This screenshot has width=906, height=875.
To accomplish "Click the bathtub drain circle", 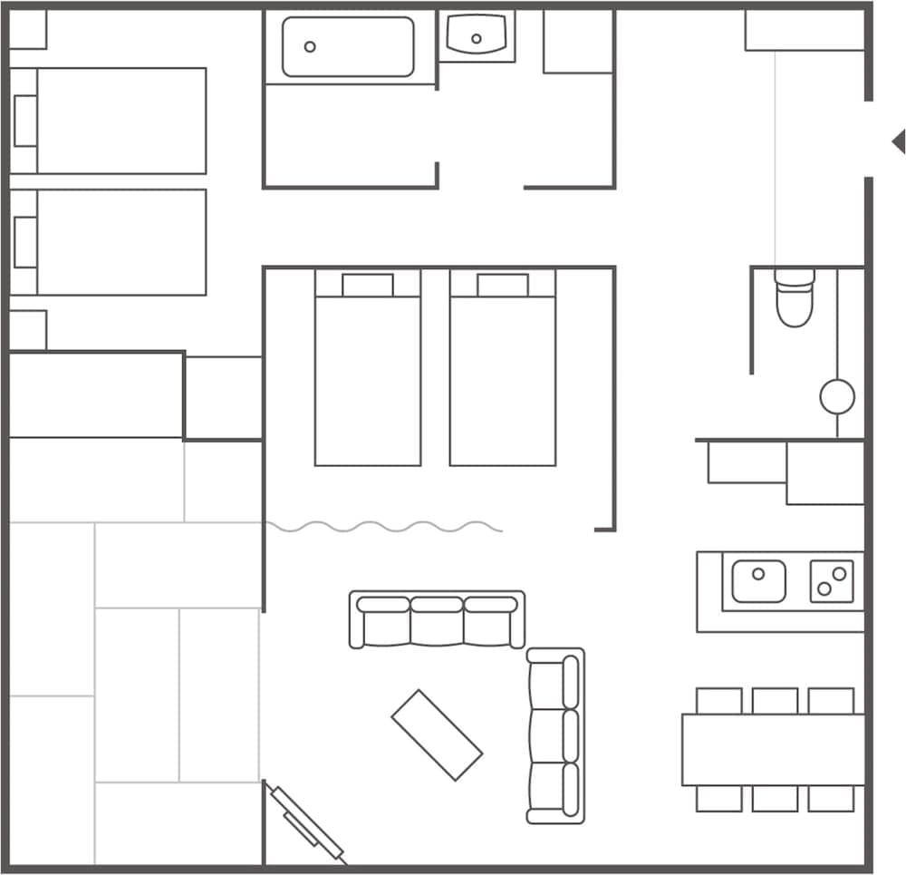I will coord(310,46).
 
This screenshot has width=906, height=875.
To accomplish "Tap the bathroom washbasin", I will coord(477,35).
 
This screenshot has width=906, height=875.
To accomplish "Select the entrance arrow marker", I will coord(898,141).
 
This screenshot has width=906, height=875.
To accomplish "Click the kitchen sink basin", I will coord(758,581).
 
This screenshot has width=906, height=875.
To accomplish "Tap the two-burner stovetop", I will coord(832,581).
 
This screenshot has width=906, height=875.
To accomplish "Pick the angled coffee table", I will coord(437,734).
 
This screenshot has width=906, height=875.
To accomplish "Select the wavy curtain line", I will coord(384,527).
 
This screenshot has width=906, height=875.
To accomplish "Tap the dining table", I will coord(773,750).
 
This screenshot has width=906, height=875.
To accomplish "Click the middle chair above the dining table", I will coord(775,701).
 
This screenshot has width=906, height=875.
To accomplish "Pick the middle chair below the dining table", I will coord(775,799).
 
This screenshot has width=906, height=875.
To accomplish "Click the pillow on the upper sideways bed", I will coord(25,121).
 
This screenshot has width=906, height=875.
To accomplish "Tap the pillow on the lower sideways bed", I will coord(25,242).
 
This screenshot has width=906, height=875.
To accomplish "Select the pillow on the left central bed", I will coord(368,285).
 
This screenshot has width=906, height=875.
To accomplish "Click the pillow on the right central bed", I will coord(503,285).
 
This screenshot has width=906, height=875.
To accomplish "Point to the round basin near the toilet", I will coord(837,396).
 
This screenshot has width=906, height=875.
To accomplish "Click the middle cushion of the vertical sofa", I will coord(555,735).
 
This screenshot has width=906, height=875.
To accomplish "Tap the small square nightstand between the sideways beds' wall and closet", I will coord(27,330).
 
